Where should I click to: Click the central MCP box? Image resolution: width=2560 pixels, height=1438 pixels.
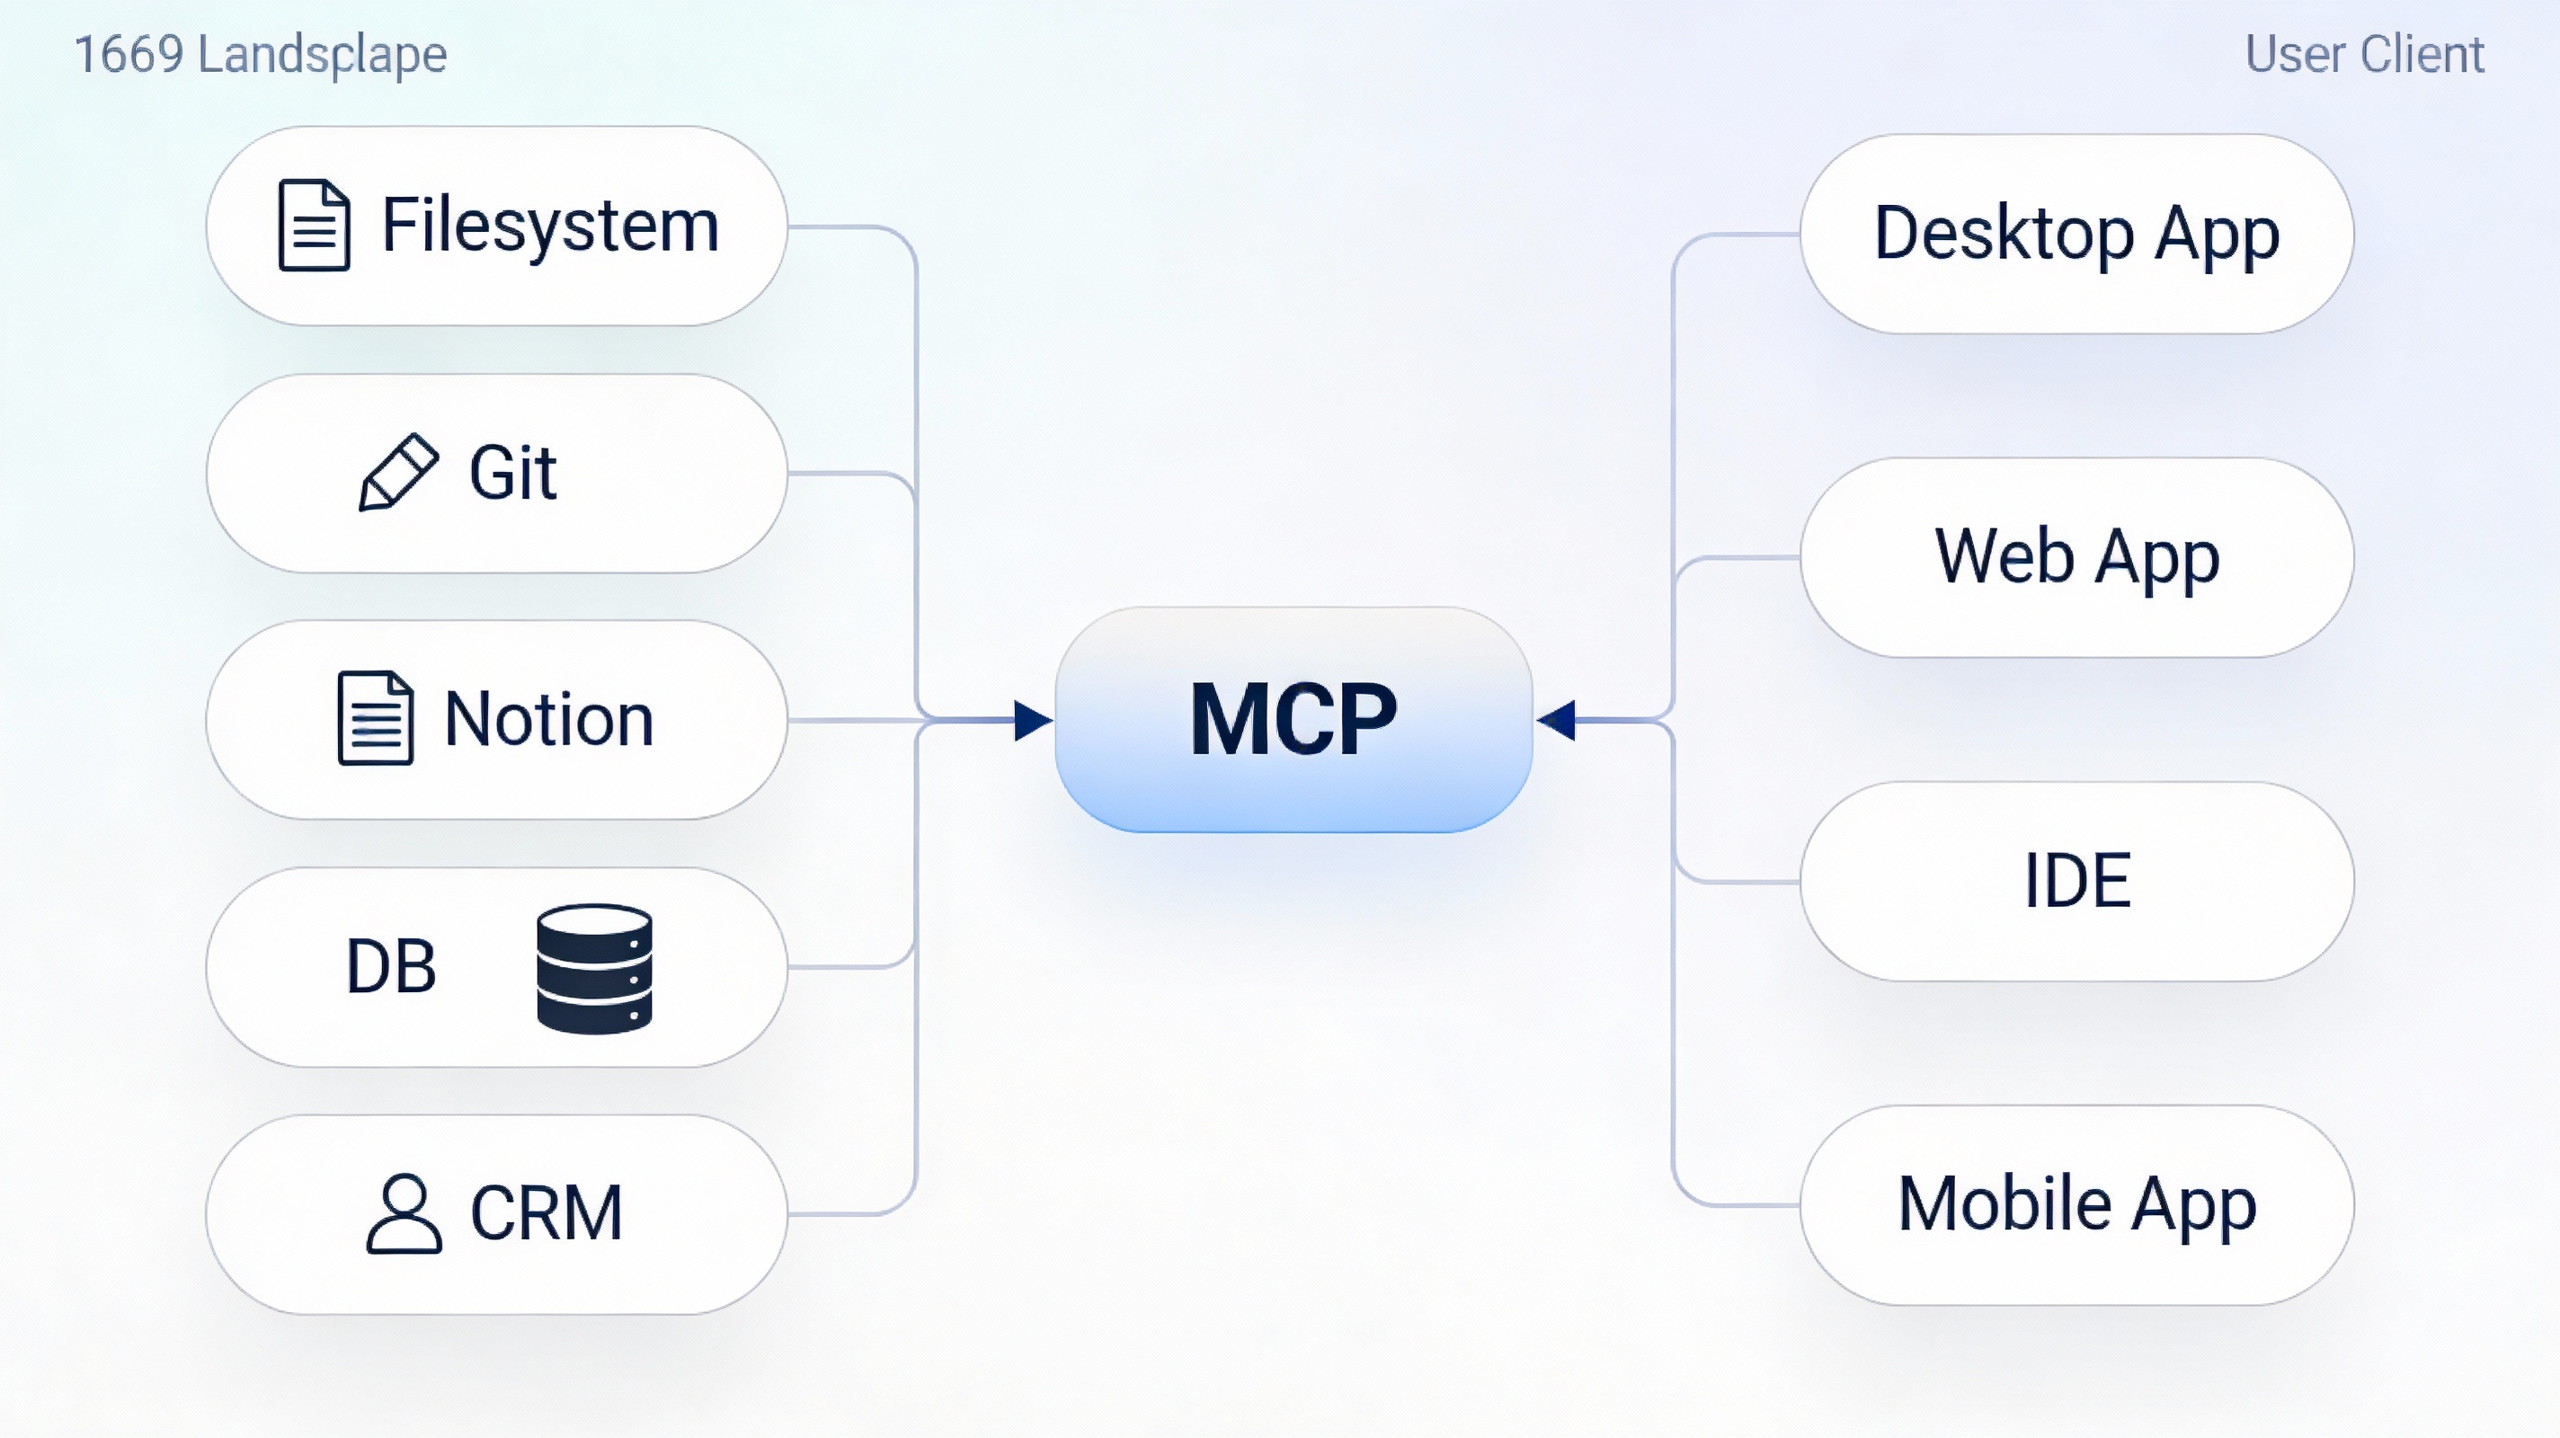coord(1293,720)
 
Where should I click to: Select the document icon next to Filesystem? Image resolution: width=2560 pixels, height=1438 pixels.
coord(314,226)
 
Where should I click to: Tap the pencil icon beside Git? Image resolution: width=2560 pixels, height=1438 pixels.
coord(397,472)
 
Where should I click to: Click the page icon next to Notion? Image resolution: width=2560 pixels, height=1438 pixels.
coord(375,718)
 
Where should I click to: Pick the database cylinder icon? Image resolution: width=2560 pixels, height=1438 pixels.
coord(594,968)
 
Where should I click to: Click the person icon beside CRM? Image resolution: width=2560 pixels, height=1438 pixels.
coord(404,1213)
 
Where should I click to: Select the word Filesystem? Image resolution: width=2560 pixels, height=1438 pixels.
coord(549,226)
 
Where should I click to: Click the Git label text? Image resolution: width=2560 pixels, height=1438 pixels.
coord(512,472)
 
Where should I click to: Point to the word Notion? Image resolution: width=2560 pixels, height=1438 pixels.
coord(548,718)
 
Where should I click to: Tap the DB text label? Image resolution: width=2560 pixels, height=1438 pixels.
coord(390,967)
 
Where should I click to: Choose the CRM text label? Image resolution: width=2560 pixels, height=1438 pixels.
coord(546,1213)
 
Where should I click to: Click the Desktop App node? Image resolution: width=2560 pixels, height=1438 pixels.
coord(2076,234)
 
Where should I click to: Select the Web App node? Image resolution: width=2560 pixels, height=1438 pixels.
coord(2076,556)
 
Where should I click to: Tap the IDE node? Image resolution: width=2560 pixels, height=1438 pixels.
coord(2076,881)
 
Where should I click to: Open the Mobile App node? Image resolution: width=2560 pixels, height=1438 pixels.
coord(2076,1204)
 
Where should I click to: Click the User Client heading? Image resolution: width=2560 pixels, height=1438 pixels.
coord(2364,55)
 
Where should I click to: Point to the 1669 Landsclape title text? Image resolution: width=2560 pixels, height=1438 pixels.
coord(261,55)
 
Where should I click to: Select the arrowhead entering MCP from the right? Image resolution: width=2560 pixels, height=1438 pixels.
coord(1556,720)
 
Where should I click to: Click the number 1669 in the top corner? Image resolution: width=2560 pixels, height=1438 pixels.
coord(129,55)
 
